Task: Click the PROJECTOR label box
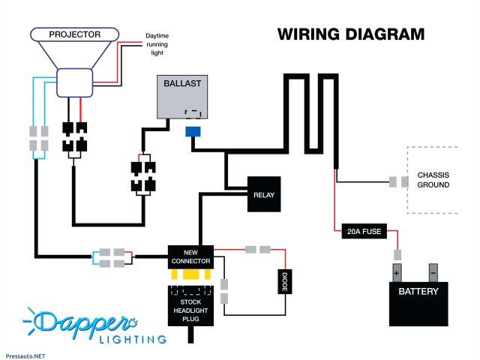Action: tap(74, 34)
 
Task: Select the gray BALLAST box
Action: tap(182, 97)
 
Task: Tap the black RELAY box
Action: tap(264, 194)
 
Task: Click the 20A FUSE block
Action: tap(364, 231)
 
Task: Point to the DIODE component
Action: tap(285, 281)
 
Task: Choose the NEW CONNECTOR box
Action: tap(190, 257)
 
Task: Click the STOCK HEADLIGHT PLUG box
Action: tap(190, 306)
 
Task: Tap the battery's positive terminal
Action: tap(397, 273)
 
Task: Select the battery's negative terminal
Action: tap(433, 273)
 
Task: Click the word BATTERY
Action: tap(418, 292)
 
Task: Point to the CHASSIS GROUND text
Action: tap(433, 180)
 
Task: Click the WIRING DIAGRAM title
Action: tap(351, 34)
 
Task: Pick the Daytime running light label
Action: tap(157, 44)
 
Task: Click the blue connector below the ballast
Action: tap(193, 132)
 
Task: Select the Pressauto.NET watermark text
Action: tap(25, 356)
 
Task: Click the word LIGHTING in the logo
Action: tap(133, 339)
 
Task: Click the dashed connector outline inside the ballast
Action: tap(193, 114)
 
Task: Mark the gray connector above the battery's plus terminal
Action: tap(397, 255)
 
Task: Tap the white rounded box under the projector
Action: tap(75, 82)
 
